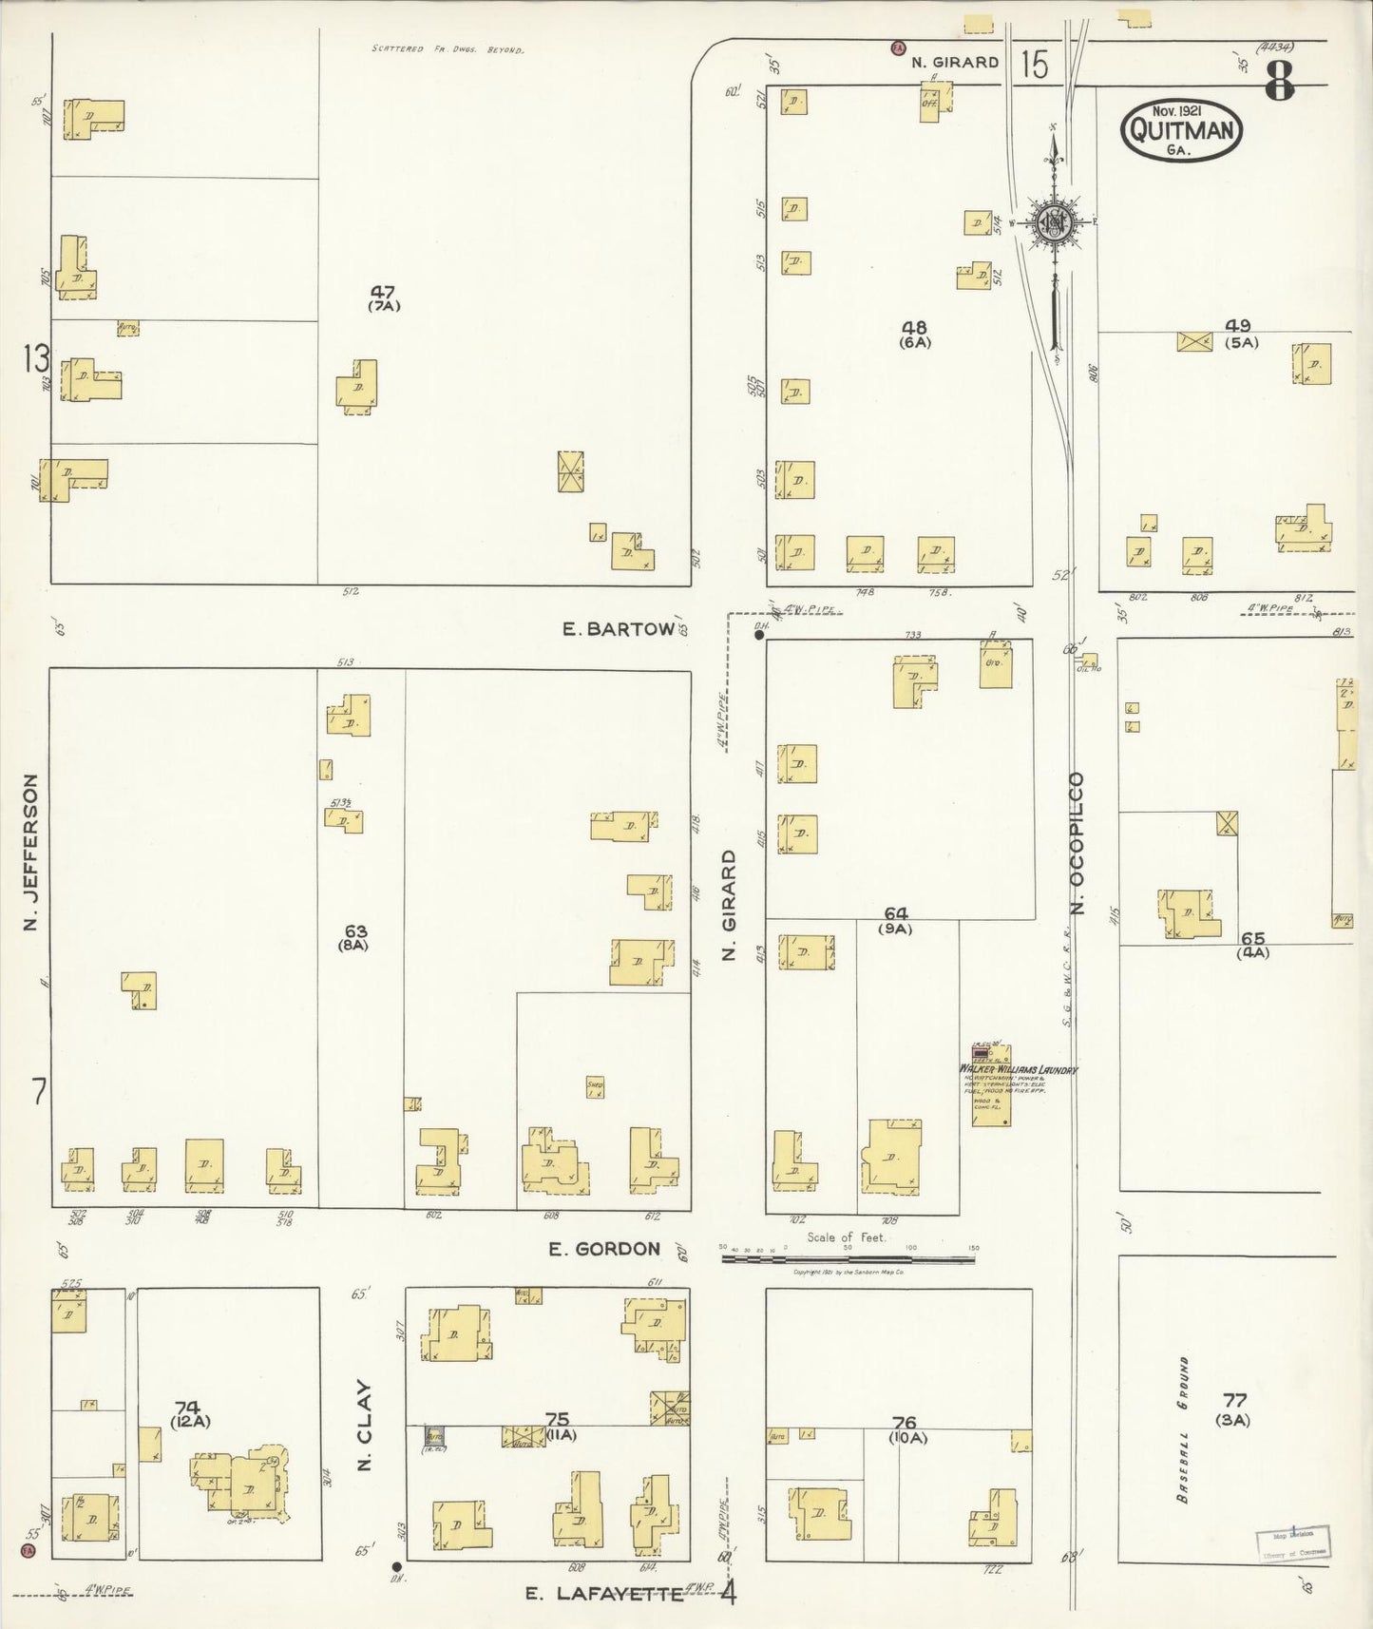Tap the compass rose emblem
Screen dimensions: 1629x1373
point(1056,222)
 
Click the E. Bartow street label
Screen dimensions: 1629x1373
point(619,628)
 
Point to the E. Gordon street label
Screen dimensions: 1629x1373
point(604,1249)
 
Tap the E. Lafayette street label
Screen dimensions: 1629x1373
point(605,1594)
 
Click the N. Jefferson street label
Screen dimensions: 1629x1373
point(30,853)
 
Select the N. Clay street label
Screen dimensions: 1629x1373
point(364,1426)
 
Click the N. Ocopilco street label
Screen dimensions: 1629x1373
point(1077,843)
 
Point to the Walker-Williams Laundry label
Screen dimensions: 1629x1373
point(1018,1069)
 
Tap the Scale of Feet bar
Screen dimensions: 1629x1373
point(848,1259)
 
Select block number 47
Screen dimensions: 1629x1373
point(384,292)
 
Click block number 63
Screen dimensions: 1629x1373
point(356,931)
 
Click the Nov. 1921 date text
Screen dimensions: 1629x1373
point(1178,110)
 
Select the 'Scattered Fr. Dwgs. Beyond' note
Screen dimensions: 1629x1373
point(448,48)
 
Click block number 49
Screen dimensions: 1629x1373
point(1238,325)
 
